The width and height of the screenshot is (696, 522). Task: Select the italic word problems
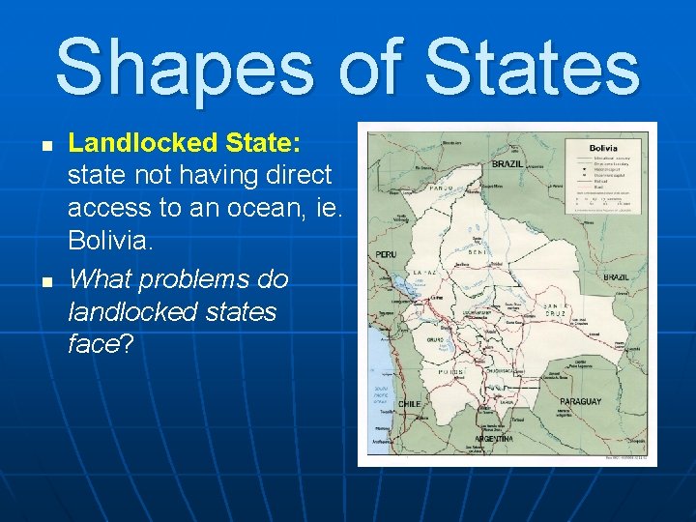click(x=214, y=279)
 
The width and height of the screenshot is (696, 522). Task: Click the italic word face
click(x=93, y=344)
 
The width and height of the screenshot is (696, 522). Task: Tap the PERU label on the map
click(x=386, y=254)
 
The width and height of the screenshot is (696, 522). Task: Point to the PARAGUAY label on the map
click(x=581, y=401)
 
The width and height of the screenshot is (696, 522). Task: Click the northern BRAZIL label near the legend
click(x=507, y=164)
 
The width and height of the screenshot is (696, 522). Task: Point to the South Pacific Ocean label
click(x=380, y=396)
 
